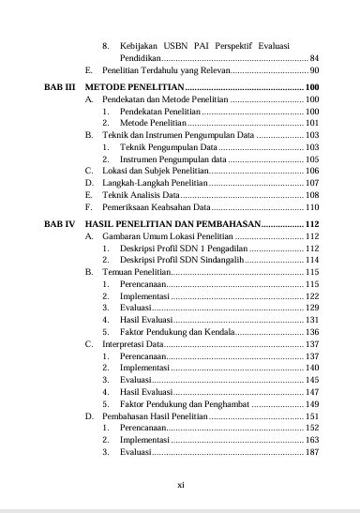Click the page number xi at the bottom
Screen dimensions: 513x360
pos(180,485)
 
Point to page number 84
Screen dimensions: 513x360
pos(314,57)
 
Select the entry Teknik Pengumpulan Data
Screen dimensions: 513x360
pos(168,148)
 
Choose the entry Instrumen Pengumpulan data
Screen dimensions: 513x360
pos(173,160)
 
